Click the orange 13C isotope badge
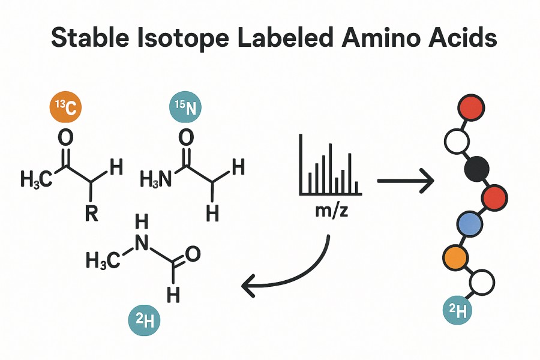64,108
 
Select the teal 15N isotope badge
185,108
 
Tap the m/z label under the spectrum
330,211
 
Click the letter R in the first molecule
91,214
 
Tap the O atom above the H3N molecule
187,137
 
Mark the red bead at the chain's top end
471,109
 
